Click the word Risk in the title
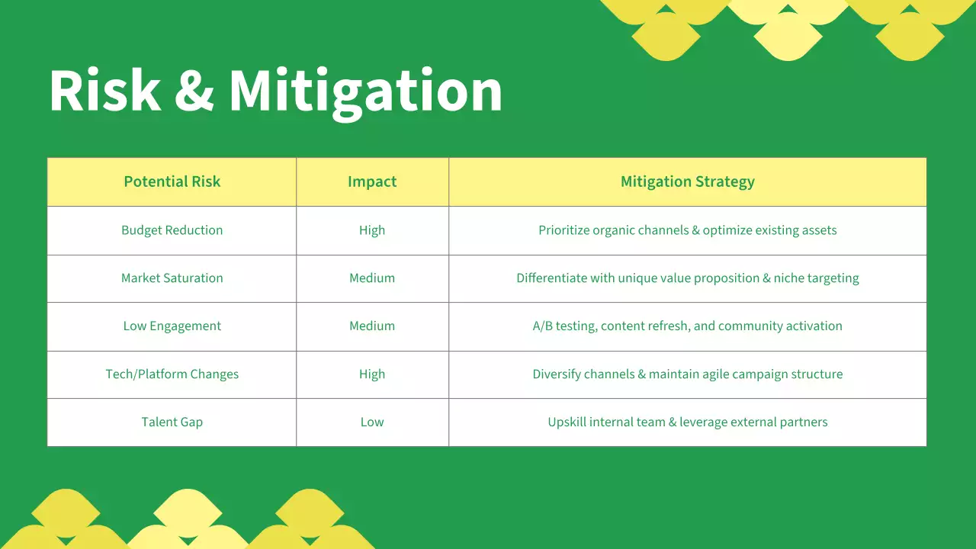pyautogui.click(x=104, y=91)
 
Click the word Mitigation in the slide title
pyautogui.click(x=366, y=91)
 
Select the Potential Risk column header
pyautogui.click(x=172, y=181)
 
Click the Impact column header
pyautogui.click(x=372, y=181)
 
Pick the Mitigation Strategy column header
pyautogui.click(x=687, y=181)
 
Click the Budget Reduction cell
pyautogui.click(x=172, y=230)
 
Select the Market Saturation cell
pyautogui.click(x=172, y=278)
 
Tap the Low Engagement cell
pyautogui.click(x=172, y=326)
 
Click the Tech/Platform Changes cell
pyautogui.click(x=172, y=374)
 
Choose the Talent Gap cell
pyautogui.click(x=172, y=422)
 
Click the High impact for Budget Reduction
pyautogui.click(x=372, y=230)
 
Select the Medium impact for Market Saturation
pyautogui.click(x=372, y=278)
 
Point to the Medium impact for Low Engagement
pyautogui.click(x=372, y=326)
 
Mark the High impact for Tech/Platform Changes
pyautogui.click(x=372, y=374)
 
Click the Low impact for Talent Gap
pyautogui.click(x=372, y=422)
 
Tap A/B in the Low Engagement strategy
pyautogui.click(x=542, y=326)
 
